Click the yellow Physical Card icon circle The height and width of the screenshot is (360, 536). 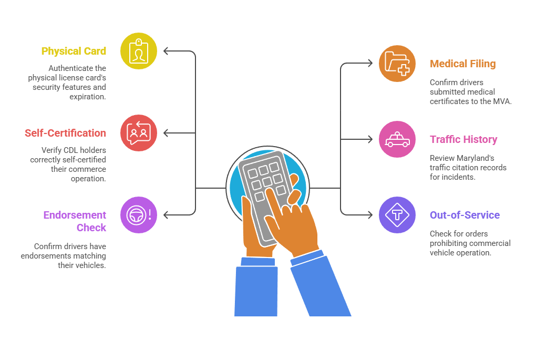139,51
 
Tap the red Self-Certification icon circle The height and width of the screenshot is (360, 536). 139,133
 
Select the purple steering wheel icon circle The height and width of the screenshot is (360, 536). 139,214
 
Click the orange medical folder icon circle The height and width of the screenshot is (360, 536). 397,64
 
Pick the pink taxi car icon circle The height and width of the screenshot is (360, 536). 397,139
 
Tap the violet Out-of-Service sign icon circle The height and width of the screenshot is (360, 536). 397,215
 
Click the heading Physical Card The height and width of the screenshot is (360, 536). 74,51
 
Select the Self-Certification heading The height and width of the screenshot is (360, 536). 65,133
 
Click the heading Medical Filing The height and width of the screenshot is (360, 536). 462,64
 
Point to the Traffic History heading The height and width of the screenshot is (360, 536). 463,139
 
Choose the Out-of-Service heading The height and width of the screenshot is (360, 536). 465,215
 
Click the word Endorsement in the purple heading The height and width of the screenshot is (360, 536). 75,215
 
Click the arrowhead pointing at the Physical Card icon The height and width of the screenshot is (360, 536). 166,51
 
